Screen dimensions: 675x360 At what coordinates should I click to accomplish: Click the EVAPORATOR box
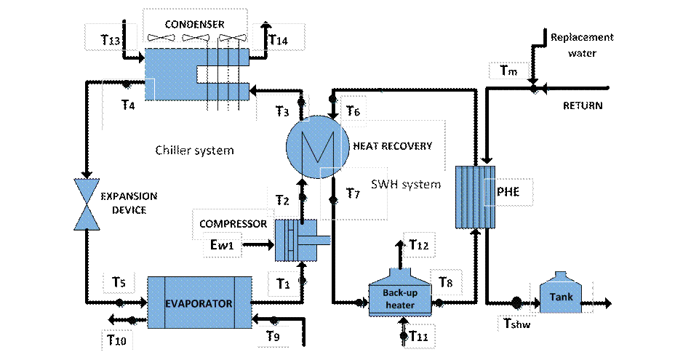coord(200,303)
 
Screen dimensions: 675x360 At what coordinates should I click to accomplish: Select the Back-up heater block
coord(400,293)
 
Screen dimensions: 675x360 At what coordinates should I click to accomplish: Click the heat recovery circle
coord(318,147)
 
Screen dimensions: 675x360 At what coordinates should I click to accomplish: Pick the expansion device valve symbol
coord(87,204)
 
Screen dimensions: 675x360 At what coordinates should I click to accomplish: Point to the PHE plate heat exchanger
coord(475,197)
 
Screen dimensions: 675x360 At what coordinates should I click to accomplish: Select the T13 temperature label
coord(111,40)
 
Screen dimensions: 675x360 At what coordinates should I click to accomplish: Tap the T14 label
coord(278,40)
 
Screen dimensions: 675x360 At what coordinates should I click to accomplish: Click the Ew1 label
coord(222,244)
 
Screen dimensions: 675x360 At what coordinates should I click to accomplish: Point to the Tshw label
coord(517,323)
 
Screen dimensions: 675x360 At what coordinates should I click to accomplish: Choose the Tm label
coord(508,71)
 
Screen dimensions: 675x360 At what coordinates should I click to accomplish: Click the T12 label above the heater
coord(419,245)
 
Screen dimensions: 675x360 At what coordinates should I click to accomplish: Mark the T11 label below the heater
coord(418,335)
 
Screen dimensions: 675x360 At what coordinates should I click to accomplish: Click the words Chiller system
coord(195,151)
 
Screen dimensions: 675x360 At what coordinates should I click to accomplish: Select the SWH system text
coord(406,184)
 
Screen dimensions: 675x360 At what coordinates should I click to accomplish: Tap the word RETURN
coord(583,105)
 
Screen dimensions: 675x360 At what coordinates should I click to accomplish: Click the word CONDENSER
coord(195,24)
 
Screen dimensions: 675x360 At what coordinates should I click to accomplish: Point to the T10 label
coord(116,340)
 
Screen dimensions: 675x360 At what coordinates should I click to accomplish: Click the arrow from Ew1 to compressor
coord(258,245)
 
